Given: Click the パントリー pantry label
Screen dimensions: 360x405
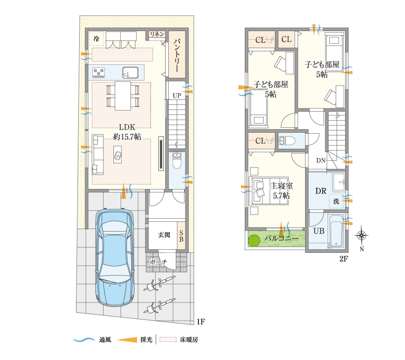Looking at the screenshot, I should (177, 57).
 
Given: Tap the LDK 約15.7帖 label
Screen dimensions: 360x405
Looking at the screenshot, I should (127, 132).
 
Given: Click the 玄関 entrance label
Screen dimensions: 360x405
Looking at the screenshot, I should (164, 234).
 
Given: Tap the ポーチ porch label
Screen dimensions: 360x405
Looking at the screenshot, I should (158, 262).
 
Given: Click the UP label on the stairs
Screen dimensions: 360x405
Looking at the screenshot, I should (177, 95).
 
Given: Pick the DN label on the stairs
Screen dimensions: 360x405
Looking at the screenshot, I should (321, 161).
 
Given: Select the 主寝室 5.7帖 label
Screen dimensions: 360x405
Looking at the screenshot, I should (281, 190).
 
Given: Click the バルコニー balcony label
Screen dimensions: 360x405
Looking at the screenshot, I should (281, 238).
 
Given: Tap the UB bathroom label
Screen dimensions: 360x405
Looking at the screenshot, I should (319, 231).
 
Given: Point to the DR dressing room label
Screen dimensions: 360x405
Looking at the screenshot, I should (320, 191).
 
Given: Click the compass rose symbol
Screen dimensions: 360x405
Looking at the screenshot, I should (362, 235).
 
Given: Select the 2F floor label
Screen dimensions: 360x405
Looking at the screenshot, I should (344, 259).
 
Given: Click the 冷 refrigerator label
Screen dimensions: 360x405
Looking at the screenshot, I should (96, 39).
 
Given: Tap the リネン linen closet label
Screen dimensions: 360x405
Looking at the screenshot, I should (157, 35).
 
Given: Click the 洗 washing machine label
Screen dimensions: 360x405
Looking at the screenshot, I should (336, 202).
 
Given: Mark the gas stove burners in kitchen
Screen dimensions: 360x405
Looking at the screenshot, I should (99, 71).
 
